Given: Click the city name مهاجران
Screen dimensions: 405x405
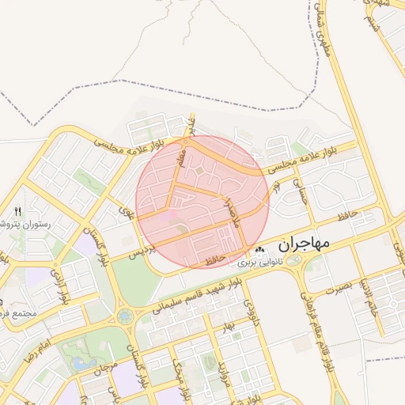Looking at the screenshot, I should tap(301, 244).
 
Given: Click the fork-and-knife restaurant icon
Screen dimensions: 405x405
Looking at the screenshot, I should tap(18, 211).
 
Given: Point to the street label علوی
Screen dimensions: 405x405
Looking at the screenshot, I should tap(124, 211).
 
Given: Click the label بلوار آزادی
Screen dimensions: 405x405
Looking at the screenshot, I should tap(61, 284).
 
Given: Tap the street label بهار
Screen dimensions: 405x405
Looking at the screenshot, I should tap(229, 326).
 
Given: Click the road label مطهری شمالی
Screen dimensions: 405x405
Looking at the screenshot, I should tap(324, 32).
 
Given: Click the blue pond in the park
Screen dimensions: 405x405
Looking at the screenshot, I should tap(81, 362).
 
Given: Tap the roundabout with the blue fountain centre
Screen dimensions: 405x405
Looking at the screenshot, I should tap(124, 316).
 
